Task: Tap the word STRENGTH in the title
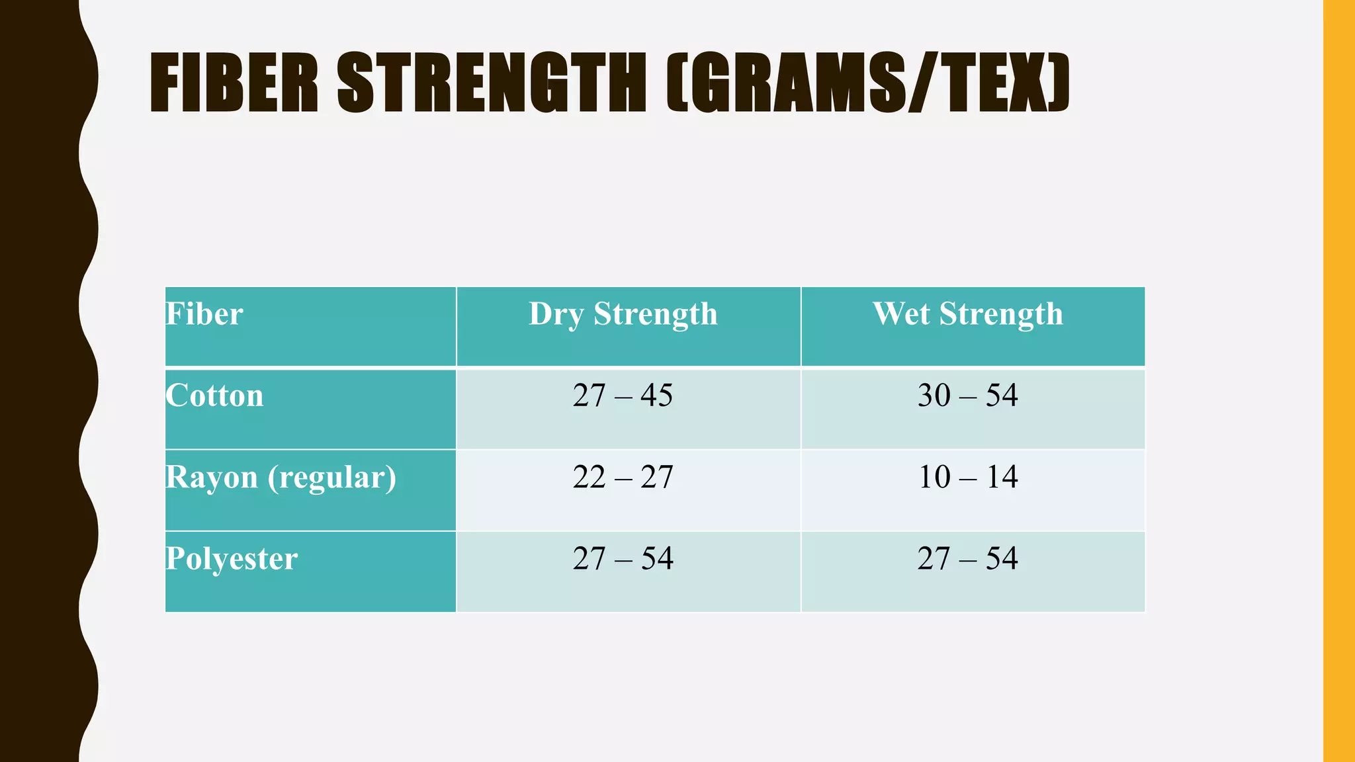[491, 83]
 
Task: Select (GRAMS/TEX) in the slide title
[867, 83]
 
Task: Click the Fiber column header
[204, 314]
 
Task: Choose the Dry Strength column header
[623, 314]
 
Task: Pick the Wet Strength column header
[967, 314]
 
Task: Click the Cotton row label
[214, 396]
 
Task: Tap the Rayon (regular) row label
[281, 477]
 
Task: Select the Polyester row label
[232, 558]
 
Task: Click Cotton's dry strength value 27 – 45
[623, 396]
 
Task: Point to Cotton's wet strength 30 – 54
[967, 396]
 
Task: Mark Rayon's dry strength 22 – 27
[623, 477]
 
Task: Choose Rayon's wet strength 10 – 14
[967, 477]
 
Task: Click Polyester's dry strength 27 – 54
[623, 558]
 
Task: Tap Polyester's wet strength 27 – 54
[967, 558]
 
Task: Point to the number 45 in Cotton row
[656, 396]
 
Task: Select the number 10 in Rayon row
[934, 477]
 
